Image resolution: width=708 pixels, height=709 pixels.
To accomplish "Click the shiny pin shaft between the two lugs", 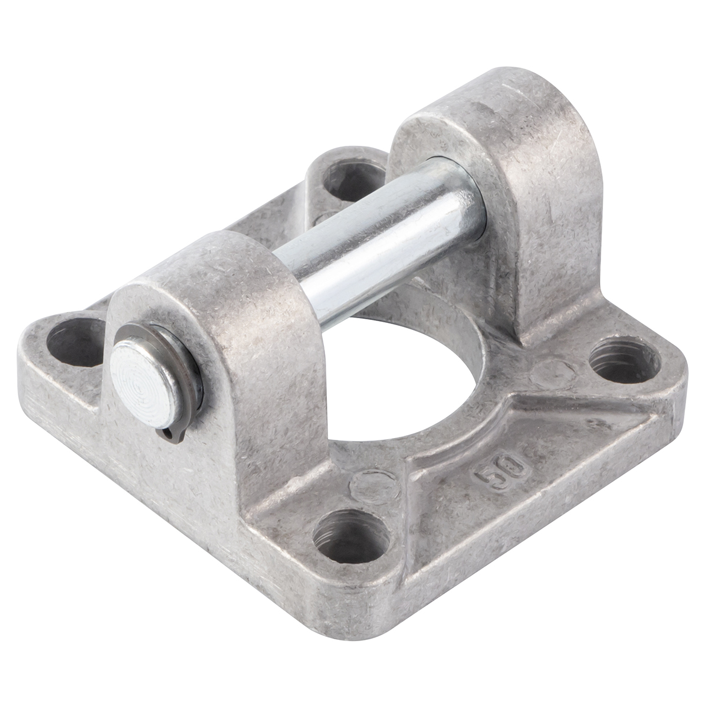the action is point(379,236).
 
